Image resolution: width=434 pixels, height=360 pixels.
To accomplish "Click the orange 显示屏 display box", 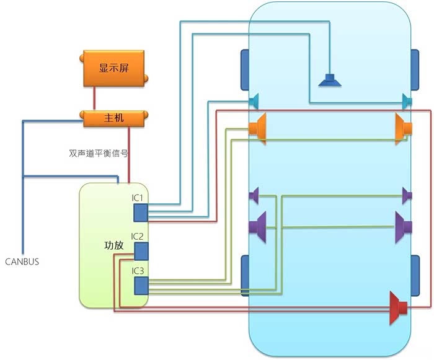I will pos(113,69).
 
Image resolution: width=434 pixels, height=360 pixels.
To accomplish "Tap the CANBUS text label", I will pos(22,261).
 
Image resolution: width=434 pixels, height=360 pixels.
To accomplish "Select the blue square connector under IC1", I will pos(141,212).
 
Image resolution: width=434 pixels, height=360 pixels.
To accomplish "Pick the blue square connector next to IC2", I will pos(141,251).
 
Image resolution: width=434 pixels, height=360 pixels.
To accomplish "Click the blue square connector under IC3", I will pos(141,285).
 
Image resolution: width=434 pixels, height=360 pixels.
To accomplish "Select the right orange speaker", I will pos(404,128).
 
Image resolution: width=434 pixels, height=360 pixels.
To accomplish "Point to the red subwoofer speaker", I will pos(397,307).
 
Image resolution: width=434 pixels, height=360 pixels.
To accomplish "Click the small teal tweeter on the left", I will pos(254,100).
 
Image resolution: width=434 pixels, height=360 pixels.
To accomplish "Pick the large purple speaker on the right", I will pos(404,227).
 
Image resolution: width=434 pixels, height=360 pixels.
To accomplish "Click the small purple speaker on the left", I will pos(254,196).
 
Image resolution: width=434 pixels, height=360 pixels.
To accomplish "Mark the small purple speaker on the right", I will pos(407,196).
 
